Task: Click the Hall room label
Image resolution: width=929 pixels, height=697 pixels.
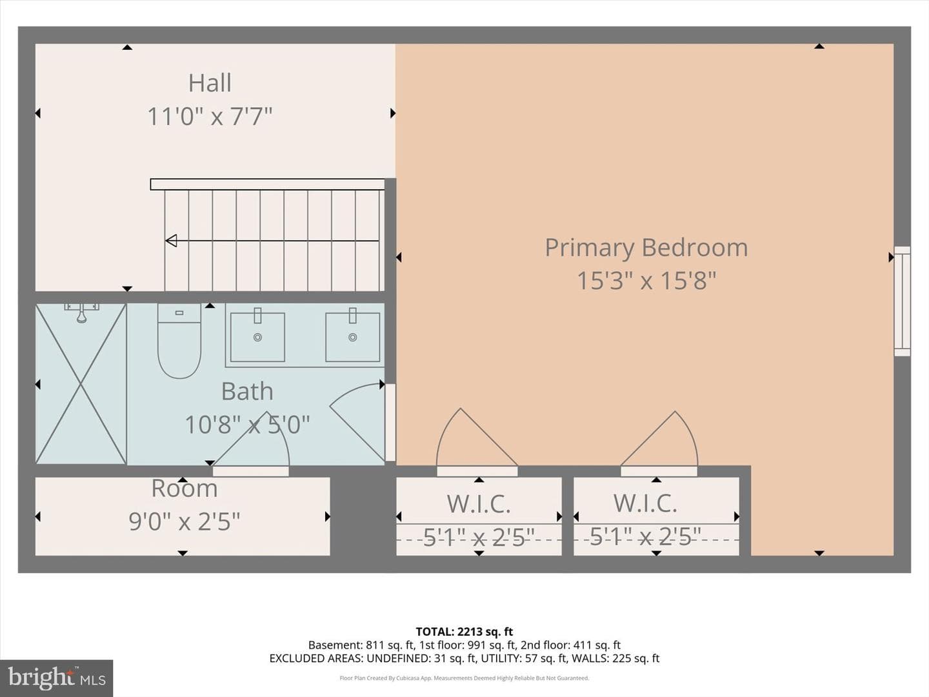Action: [x=210, y=83]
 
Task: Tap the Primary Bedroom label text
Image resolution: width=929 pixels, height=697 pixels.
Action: [x=646, y=248]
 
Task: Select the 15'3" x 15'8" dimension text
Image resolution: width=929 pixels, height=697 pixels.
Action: [x=646, y=281]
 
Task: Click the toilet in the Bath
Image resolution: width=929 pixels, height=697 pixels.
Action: [x=179, y=341]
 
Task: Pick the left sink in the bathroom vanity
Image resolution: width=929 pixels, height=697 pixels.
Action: [x=257, y=337]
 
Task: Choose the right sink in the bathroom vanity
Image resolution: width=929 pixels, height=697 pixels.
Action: [x=352, y=337]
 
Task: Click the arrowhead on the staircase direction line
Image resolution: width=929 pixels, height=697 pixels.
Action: [x=171, y=241]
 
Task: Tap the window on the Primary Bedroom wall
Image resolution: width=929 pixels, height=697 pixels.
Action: [x=902, y=301]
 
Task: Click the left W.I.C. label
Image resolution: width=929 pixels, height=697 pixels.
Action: [x=479, y=503]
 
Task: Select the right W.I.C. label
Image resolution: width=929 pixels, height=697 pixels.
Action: [x=645, y=503]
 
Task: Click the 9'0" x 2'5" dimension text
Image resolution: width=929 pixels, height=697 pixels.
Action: [x=185, y=521]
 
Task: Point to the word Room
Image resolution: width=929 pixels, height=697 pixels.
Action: [x=185, y=489]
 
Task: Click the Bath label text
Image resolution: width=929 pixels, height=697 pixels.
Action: [x=247, y=392]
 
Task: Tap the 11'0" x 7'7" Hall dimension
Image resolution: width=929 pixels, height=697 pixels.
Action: [x=210, y=116]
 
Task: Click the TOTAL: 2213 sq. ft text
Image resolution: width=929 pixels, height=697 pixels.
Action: [x=464, y=632]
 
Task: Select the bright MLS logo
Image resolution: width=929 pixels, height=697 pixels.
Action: [x=56, y=678]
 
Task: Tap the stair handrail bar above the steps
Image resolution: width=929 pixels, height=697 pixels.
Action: [x=268, y=184]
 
